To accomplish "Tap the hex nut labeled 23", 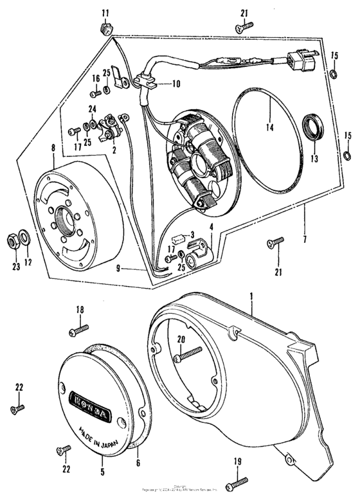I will (x=12, y=240).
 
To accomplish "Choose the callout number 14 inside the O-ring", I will (x=270, y=128).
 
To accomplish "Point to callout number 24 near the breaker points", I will (x=92, y=109).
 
